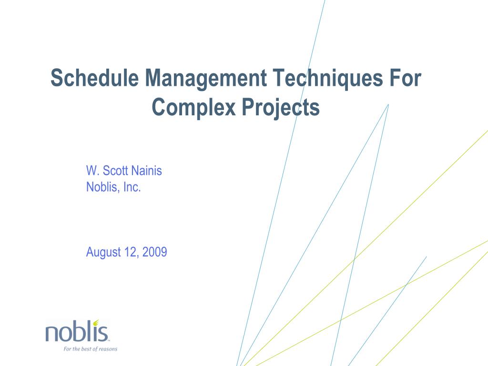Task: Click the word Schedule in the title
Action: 95,78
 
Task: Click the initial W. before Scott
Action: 92,171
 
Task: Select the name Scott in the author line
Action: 115,171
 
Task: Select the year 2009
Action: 155,252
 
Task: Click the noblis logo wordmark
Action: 77,332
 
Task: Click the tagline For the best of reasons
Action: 90,349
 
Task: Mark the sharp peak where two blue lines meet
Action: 388,104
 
